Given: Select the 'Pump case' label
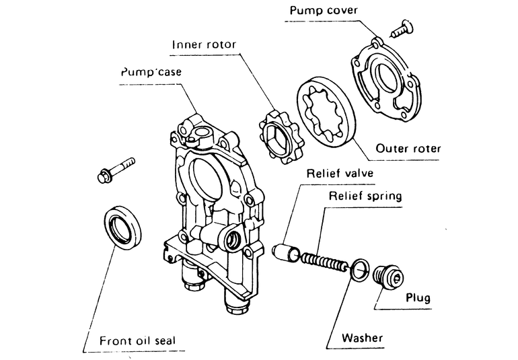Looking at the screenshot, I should [150, 72].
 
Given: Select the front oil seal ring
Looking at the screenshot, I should [122, 229].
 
